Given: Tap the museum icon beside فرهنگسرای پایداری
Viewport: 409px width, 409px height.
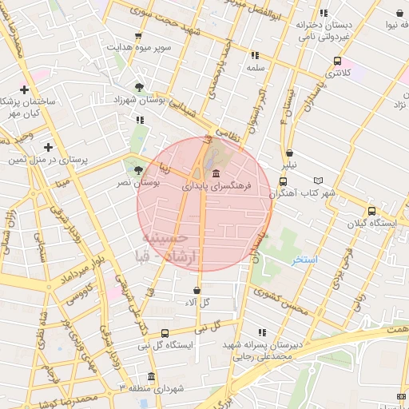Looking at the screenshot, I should click(216, 173).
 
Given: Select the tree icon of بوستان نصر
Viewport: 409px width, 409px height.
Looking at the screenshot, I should click(139, 170).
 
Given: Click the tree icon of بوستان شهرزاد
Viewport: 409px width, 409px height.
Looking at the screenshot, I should click(140, 86).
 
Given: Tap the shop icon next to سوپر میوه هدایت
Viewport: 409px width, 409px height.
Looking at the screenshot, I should click(139, 36).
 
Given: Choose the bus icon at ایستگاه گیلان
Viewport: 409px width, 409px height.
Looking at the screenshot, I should click(371, 211).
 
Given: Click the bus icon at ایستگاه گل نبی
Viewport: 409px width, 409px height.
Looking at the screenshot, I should click(165, 333).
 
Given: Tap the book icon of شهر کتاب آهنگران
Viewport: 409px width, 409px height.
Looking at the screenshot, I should click(320, 181).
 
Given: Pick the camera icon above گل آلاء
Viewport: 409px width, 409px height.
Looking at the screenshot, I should click(197, 289).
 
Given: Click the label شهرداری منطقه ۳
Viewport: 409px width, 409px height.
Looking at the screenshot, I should click(171, 388).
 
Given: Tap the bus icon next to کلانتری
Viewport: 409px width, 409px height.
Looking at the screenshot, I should click(338, 61).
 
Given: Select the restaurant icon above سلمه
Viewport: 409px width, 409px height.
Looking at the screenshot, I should click(255, 55).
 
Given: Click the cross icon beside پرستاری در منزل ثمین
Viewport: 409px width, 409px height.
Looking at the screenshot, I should click(49, 147).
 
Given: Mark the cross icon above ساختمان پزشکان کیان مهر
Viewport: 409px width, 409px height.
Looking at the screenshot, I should click(25, 90).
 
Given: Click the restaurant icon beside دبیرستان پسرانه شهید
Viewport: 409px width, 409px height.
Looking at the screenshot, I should click(261, 332).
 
